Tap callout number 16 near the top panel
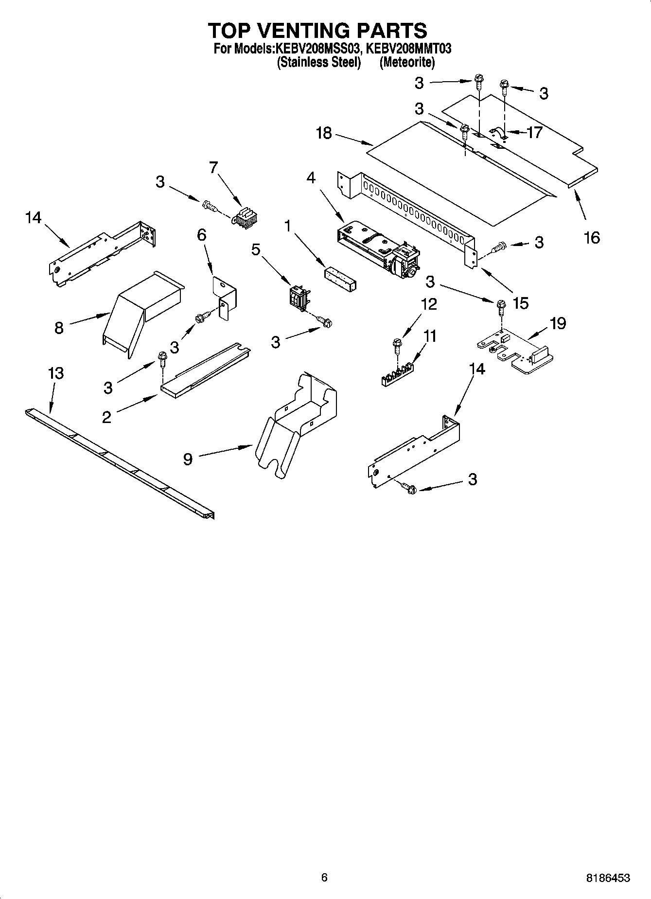(x=592, y=237)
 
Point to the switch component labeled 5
(x=298, y=297)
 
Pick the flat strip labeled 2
(x=204, y=372)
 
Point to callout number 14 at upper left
(x=34, y=217)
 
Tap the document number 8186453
(x=608, y=878)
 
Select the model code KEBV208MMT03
(x=408, y=49)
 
